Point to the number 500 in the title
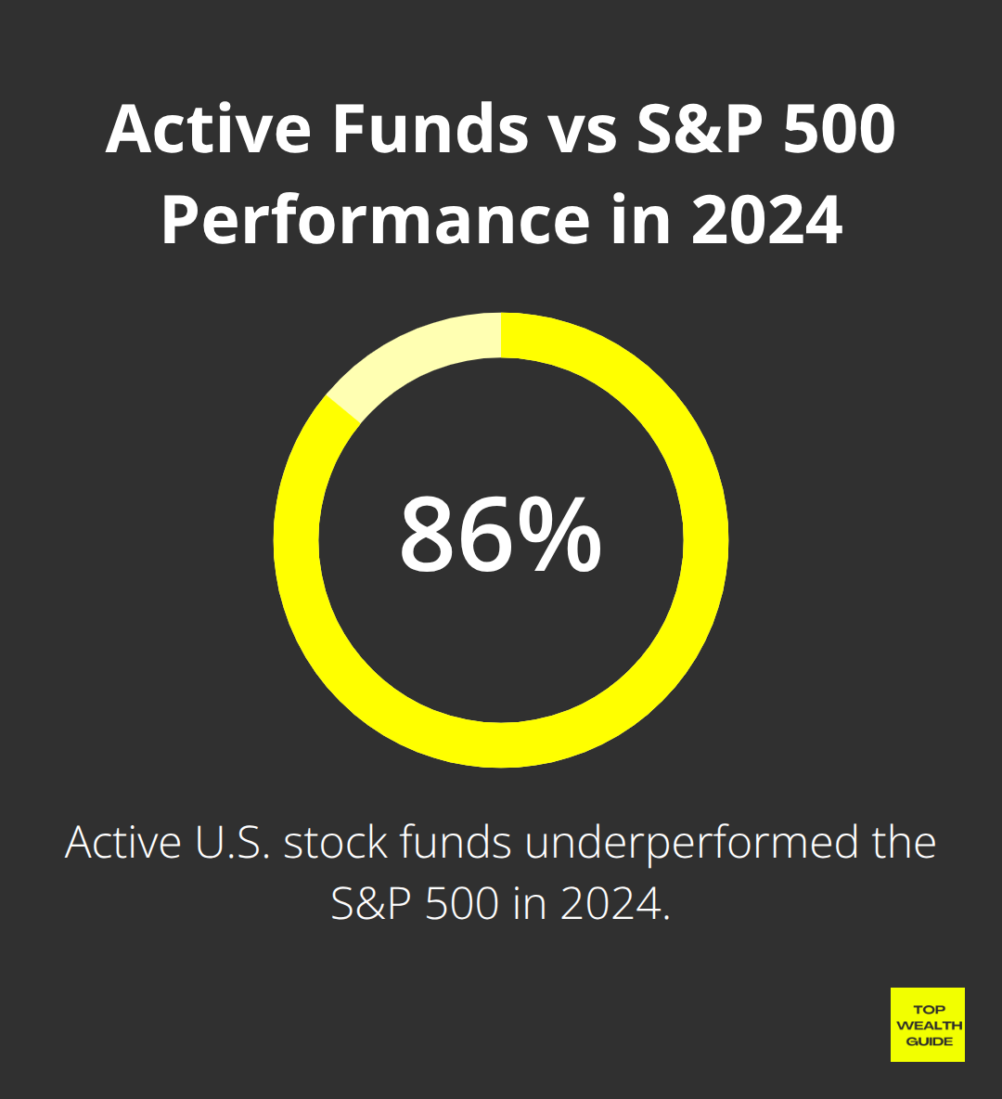pos(839,129)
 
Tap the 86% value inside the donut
pos(500,534)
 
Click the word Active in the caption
pos(123,842)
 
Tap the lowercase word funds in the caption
pos(456,842)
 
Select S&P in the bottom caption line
pos(371,904)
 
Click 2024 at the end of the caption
pos(611,904)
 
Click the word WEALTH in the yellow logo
pos(929,1026)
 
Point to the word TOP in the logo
pos(929,1010)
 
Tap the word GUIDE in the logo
pos(929,1041)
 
